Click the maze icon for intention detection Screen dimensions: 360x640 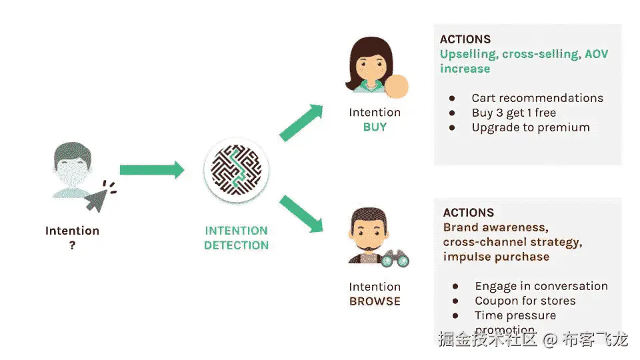click(x=236, y=170)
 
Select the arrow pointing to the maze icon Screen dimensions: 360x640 click(x=151, y=170)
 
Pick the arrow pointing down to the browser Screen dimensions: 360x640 click(x=301, y=214)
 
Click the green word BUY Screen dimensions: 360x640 click(x=375, y=127)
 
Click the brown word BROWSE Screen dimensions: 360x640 click(x=375, y=301)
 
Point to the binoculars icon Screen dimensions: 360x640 click(x=394, y=258)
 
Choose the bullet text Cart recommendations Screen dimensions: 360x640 click(x=537, y=98)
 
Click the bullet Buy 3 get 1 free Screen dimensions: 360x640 click(x=513, y=113)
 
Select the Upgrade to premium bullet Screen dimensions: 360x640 click(x=531, y=127)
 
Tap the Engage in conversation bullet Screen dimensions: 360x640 click(x=541, y=286)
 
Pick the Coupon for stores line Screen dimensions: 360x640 click(x=525, y=301)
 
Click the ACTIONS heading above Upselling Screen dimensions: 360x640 click(x=465, y=39)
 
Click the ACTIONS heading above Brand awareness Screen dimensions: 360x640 click(x=469, y=213)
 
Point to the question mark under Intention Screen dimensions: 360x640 click(x=72, y=245)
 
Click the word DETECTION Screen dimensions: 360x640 click(x=236, y=245)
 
